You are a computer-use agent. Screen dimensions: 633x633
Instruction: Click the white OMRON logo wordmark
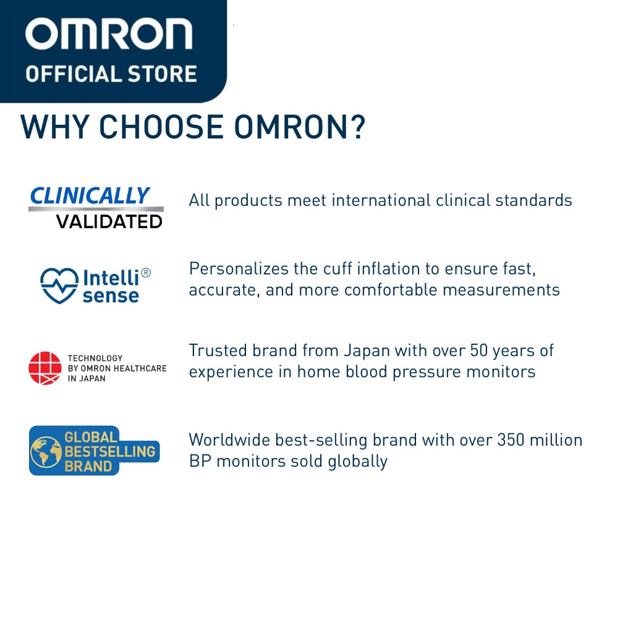109,34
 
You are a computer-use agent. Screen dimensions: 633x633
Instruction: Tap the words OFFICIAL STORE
111,74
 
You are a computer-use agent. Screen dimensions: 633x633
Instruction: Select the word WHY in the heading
54,127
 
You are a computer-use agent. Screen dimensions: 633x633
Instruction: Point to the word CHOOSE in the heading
161,127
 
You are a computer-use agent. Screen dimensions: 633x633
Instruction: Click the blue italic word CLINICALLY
90,196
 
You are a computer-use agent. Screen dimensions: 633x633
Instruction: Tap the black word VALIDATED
109,222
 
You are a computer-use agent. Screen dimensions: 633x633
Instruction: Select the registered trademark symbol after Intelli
146,273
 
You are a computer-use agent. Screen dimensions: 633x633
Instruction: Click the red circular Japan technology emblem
45,368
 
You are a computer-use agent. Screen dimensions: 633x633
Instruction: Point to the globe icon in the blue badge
46,452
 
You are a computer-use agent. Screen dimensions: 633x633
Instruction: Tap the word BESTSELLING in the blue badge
110,451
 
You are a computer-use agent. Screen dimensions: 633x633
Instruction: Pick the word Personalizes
239,269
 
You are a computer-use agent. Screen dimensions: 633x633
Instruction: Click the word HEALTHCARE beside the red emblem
140,368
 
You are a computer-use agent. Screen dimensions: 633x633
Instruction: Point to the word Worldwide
229,440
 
